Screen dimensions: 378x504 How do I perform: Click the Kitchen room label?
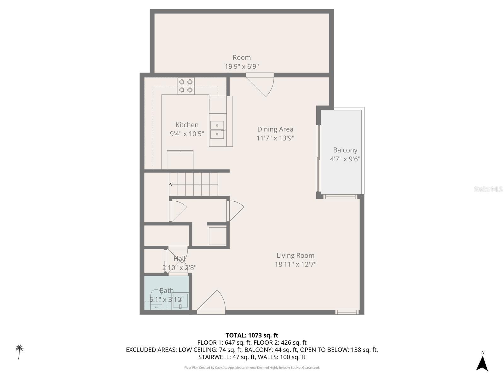tap(187, 125)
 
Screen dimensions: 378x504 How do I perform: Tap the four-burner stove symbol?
tap(186, 86)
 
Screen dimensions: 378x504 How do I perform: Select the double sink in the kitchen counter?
tap(217, 130)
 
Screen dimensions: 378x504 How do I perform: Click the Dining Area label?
tap(275, 129)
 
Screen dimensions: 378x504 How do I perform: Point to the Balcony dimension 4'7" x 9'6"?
tap(345, 159)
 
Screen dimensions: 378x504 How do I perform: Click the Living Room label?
tap(295, 255)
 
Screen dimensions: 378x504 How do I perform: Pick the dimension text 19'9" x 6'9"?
tap(242, 66)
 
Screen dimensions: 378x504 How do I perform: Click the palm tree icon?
tap(20, 352)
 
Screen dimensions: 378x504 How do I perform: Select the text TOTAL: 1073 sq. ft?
tap(252, 335)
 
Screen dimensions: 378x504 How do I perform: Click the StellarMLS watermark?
tap(488, 189)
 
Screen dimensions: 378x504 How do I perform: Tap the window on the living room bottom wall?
tap(347, 312)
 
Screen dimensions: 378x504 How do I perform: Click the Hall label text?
tap(179, 259)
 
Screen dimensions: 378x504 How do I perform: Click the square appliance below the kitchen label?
tap(180, 160)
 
